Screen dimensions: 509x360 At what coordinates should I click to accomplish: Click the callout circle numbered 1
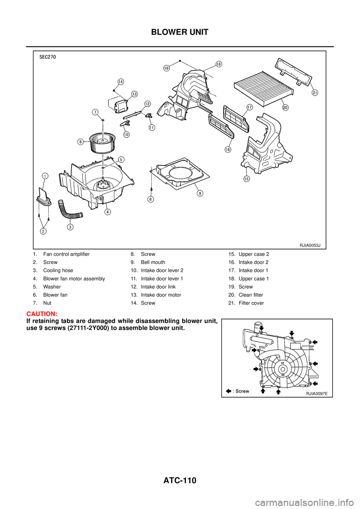click(45, 175)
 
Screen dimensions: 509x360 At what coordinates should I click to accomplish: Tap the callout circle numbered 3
click(70, 226)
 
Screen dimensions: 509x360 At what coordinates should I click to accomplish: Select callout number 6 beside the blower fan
click(80, 142)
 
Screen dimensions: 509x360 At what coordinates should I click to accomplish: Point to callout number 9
click(200, 193)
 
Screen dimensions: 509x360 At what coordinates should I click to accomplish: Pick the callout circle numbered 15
click(246, 178)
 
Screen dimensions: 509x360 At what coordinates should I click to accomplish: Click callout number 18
click(218, 64)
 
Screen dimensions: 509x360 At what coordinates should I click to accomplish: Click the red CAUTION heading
click(42, 314)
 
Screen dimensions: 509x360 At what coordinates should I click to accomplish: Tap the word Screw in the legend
click(242, 391)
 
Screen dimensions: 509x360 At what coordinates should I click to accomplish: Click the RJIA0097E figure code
click(316, 394)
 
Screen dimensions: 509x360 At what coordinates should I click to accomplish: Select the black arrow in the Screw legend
click(228, 391)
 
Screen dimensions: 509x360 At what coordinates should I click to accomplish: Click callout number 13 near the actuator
click(134, 93)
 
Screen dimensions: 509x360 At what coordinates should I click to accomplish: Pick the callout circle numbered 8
click(150, 199)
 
